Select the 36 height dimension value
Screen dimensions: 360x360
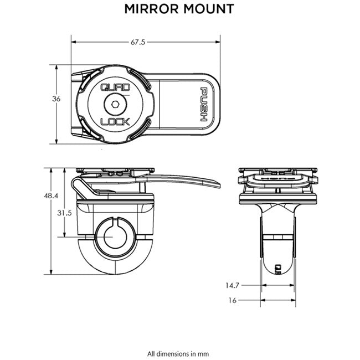pos(56,99)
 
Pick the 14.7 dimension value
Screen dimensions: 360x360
pos(232,286)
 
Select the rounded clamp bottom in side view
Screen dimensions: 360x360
pos(115,265)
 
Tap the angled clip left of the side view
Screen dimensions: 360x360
pos(81,188)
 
